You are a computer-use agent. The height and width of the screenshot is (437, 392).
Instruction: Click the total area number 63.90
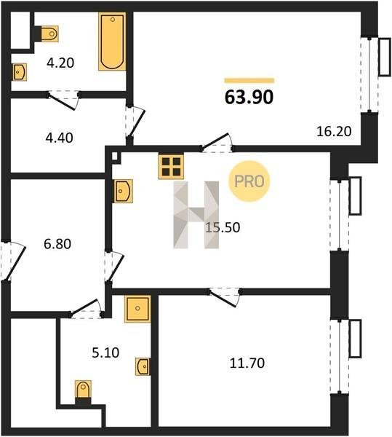[249, 98]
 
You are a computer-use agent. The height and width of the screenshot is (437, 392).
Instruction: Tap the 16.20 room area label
[334, 131]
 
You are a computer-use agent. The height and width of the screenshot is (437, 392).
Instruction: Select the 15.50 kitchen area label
[223, 227]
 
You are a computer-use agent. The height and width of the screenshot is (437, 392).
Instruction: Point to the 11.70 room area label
[247, 363]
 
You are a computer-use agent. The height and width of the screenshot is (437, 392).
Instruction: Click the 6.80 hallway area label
[57, 244]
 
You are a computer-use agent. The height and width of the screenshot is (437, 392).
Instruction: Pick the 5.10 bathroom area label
[105, 353]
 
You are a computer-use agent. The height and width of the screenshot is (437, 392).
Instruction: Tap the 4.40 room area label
[59, 138]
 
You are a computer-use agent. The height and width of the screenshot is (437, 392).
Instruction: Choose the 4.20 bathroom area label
[60, 63]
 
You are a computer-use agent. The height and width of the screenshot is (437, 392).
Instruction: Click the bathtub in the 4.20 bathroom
[112, 42]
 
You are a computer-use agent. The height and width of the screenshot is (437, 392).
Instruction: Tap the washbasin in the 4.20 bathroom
[20, 72]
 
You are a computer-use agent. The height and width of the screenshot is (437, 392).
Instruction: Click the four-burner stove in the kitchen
[171, 166]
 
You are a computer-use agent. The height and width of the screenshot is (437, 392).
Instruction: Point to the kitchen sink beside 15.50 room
[123, 191]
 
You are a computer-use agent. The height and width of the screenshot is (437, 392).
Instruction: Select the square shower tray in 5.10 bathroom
[137, 309]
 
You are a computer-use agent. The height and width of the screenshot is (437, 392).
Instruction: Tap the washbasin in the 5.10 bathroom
[143, 366]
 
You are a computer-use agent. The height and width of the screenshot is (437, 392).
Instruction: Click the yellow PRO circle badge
[249, 181]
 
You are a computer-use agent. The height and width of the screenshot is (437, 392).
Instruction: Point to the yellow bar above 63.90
[249, 81]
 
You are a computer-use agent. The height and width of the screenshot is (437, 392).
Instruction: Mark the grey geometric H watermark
[196, 215]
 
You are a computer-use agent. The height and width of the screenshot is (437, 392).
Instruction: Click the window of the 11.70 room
[340, 356]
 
